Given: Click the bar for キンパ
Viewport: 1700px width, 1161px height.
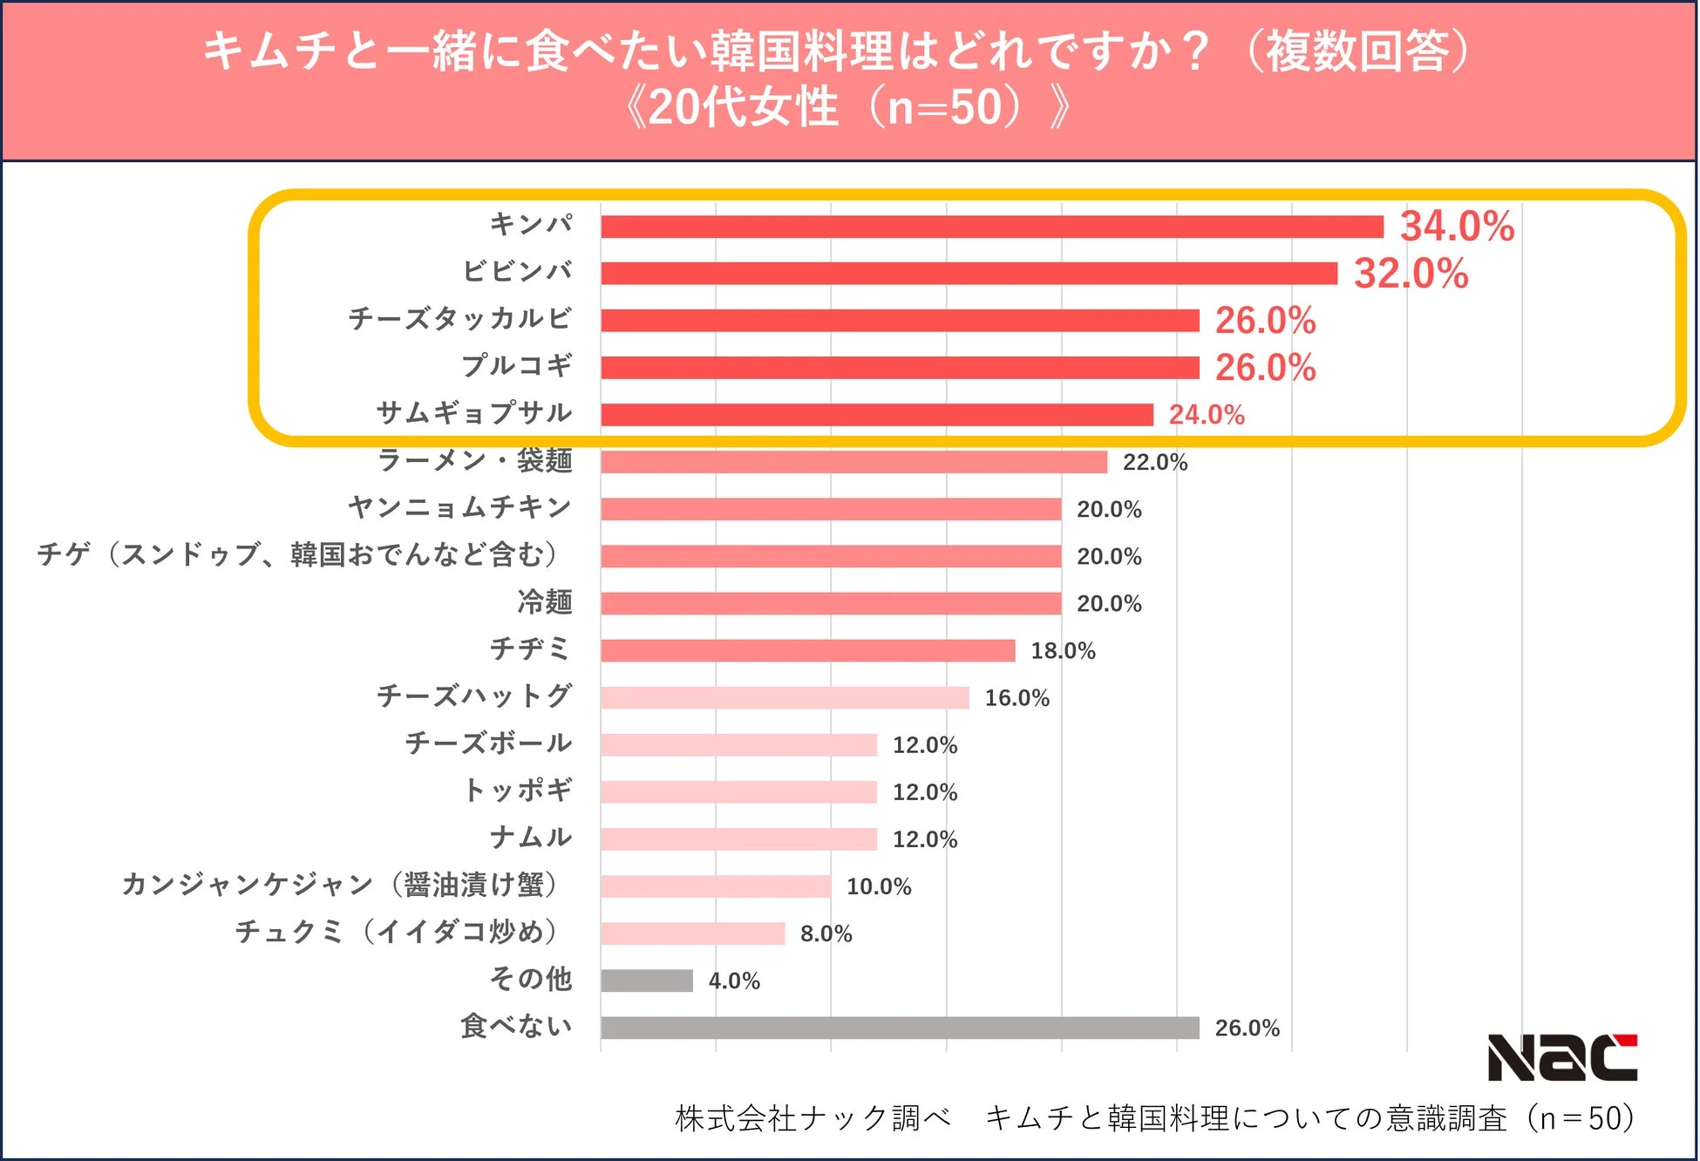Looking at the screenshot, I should coord(991,227).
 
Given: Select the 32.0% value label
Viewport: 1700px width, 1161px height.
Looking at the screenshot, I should coord(1410,274).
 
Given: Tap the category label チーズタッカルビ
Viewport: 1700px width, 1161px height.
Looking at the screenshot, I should coord(459,318).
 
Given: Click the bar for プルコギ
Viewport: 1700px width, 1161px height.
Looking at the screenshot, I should coord(900,368).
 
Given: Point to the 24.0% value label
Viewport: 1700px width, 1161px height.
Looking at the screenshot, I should coord(1206,415).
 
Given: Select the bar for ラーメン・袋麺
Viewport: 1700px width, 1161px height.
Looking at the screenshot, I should coord(853,462).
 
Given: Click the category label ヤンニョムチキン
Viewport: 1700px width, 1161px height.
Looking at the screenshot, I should coord(459,507).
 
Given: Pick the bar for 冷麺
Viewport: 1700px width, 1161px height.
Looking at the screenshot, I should coord(831,603).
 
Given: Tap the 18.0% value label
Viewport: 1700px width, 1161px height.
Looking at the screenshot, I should coord(1062,651).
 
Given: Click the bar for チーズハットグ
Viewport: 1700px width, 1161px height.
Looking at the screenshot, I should coord(785,697).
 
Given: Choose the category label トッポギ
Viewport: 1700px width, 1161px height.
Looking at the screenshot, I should coord(518,791).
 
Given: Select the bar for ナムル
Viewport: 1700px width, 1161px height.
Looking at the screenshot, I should coord(738,839).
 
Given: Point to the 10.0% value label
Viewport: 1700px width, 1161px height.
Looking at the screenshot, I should coord(878,887).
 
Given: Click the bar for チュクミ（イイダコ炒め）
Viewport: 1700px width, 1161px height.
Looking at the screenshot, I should coord(692,934).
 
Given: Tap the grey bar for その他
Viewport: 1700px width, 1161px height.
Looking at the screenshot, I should coord(646,981).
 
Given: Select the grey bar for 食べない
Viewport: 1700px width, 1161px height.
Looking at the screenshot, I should coord(900,1028).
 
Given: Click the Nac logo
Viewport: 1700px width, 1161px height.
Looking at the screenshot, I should coord(1561,1057).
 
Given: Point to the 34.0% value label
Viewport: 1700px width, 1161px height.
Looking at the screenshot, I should coord(1456,227).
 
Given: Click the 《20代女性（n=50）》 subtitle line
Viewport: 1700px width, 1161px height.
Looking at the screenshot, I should coord(848,108).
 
